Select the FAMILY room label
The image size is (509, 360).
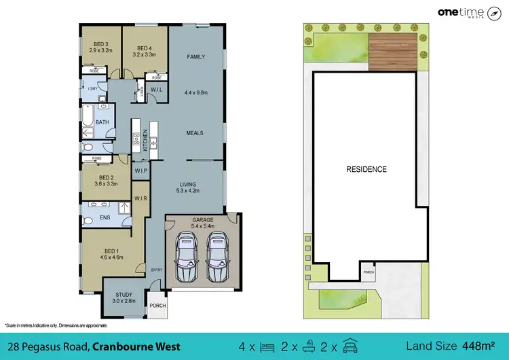click(x=195, y=57)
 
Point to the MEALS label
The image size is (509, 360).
click(x=195, y=133)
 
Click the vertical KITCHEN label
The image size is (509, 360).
click(x=145, y=143)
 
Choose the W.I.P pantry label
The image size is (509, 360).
click(x=141, y=170)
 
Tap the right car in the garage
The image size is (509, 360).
click(x=216, y=259)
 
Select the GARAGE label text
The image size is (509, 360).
click(x=203, y=220)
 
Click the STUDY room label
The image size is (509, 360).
click(x=124, y=294)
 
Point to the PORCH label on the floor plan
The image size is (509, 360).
click(x=157, y=305)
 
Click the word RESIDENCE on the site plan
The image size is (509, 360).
click(x=366, y=169)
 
